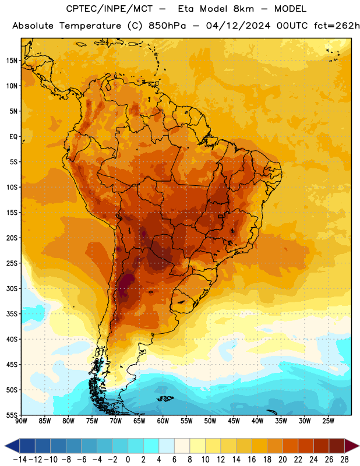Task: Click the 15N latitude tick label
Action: (12, 61)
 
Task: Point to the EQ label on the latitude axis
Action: (13, 137)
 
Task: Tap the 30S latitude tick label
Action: (12, 288)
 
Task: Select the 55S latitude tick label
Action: (12, 415)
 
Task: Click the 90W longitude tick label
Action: (21, 421)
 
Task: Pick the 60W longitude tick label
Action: (163, 421)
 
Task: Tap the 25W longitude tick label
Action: (328, 421)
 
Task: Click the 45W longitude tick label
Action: (234, 421)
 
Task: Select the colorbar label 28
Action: (344, 460)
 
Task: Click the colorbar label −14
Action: (20, 460)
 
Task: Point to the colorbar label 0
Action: (128, 460)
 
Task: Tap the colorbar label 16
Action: (252, 460)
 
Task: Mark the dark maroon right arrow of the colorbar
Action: (351, 446)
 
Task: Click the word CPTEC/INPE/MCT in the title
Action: (109, 9)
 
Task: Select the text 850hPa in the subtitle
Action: (167, 26)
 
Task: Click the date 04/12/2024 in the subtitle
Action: (238, 26)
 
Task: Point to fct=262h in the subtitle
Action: (337, 26)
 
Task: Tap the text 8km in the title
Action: (243, 9)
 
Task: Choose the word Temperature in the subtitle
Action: (90, 26)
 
